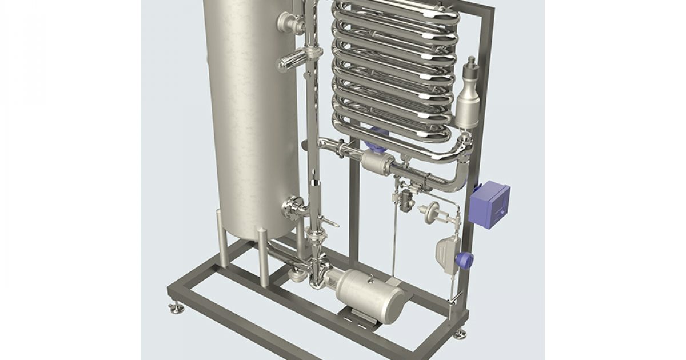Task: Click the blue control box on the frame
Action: pos(489,205)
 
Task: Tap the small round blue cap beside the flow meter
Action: pos(465,261)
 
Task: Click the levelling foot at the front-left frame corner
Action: pos(174,308)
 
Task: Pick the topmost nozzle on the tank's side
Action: pos(290,23)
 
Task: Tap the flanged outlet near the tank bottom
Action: pos(295,207)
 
